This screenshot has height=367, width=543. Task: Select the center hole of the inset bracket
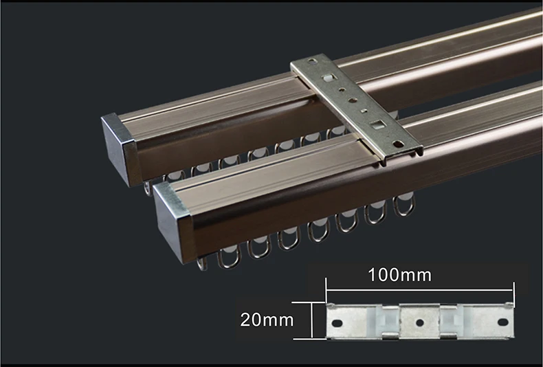[x=419, y=322]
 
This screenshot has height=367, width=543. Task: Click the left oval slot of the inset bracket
[x=338, y=322]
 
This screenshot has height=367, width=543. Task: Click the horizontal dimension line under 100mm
[x=419, y=291]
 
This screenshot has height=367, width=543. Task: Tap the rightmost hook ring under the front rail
[x=403, y=205]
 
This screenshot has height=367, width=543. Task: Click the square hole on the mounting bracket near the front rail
[x=377, y=126]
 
